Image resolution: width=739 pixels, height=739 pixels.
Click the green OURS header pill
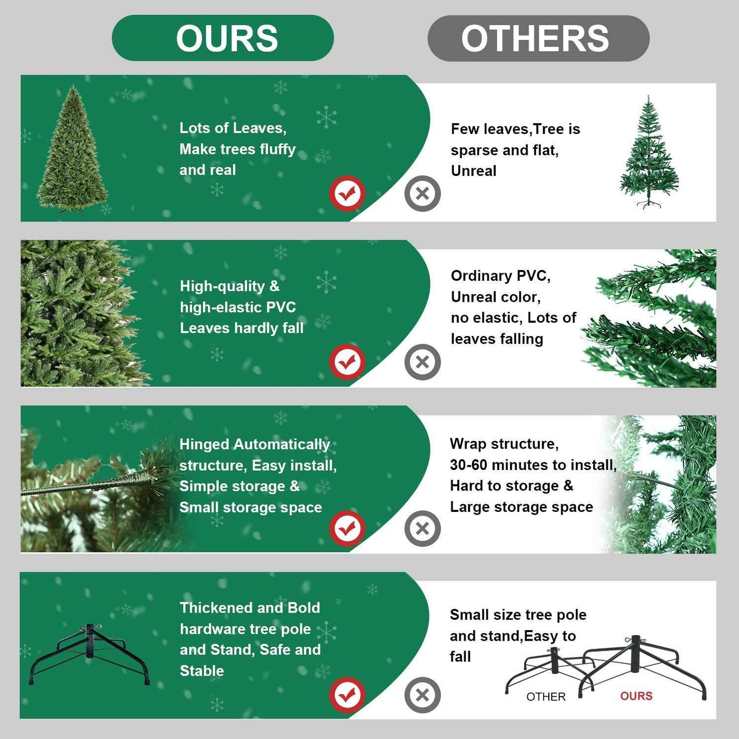pos(223,38)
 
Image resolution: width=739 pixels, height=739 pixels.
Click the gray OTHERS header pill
pos(538,38)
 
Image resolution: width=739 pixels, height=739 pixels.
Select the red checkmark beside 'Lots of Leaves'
pos(347,193)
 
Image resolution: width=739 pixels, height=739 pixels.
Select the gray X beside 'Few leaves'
pos(422,193)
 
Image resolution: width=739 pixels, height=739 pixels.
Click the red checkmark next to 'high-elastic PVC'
pos(347,362)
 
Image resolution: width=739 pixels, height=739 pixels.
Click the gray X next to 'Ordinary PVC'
pos(422,362)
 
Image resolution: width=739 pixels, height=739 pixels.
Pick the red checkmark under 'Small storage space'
pos(347,528)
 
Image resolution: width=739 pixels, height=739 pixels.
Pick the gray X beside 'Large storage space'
pos(422,528)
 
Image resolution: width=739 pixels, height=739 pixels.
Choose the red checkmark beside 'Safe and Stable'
pos(347,695)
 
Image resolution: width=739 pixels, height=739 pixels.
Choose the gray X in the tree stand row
pos(422,695)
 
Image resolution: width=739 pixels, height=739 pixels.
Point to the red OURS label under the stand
pos(636,696)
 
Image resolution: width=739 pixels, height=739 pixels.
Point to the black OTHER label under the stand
pos(546,697)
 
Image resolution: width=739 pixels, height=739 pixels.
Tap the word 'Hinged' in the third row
pos(204,444)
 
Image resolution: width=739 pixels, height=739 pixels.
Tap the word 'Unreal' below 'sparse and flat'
pos(474,171)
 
